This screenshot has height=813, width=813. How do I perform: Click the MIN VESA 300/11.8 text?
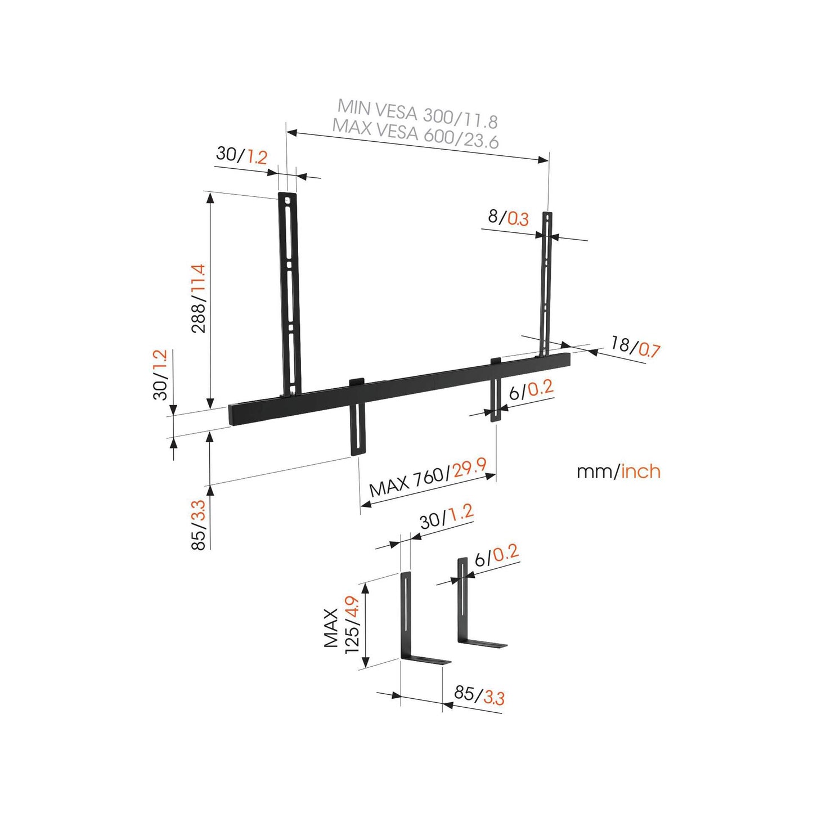click(x=417, y=113)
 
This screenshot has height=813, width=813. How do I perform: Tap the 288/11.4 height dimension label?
click(x=199, y=298)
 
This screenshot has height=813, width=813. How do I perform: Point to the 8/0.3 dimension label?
click(x=508, y=217)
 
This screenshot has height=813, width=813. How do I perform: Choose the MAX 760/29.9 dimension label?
click(x=428, y=477)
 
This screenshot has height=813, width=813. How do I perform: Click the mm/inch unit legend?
click(x=618, y=471)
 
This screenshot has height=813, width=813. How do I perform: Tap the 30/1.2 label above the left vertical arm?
click(x=241, y=155)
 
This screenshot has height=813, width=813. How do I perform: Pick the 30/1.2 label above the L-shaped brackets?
click(x=446, y=516)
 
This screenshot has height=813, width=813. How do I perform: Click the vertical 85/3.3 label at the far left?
click(x=199, y=524)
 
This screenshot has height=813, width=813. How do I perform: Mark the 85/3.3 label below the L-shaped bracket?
click(x=479, y=695)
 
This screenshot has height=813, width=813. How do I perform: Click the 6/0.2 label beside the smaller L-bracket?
click(x=496, y=556)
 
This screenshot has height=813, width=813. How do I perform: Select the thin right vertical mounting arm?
click(x=546, y=281)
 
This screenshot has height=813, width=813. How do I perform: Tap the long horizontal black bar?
click(x=399, y=388)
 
